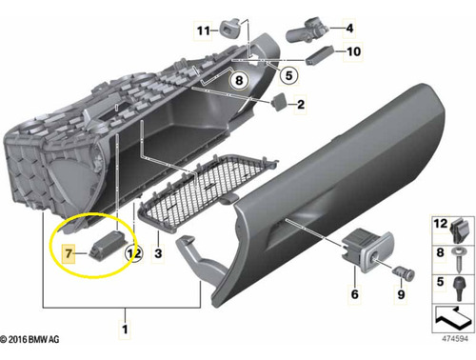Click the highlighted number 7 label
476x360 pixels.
pos(69,253)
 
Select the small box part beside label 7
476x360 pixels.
pos(109,245)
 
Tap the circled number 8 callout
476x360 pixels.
pos(239,80)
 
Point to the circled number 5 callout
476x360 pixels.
pos(288,75)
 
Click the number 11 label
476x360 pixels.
pos(204,30)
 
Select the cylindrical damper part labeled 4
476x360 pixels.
pos(307,30)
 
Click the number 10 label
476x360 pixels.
pos(354,51)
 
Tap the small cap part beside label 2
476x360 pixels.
pos(279,102)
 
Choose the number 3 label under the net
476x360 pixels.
pos(158,253)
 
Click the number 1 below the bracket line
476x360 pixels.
pos(125,329)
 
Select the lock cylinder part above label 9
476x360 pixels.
pos(404,272)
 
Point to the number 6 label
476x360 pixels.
pos(355,294)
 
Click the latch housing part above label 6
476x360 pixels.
pos(367,250)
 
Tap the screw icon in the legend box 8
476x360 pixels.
pos(459,259)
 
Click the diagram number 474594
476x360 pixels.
pos(455,339)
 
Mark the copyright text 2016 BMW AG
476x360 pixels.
pos(30,339)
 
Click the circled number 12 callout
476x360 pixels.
pos(134,253)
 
